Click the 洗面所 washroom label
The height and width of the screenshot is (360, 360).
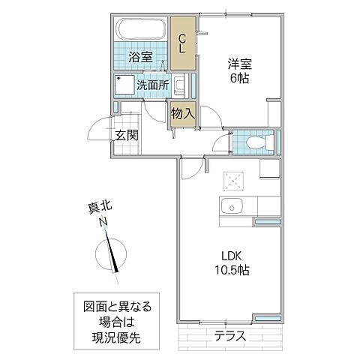point(151,85)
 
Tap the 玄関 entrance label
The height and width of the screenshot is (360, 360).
point(127,135)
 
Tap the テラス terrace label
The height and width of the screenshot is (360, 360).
point(231,336)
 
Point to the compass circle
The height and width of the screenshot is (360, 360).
point(115,255)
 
